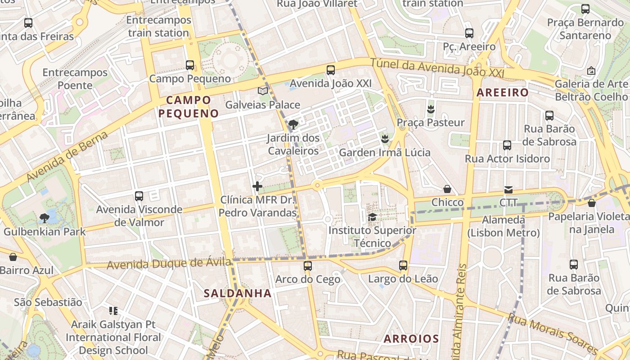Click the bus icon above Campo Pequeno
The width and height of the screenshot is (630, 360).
coord(190,65)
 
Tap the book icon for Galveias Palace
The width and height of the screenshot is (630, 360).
coord(263,91)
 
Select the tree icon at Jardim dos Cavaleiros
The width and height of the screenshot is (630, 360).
coord(293,124)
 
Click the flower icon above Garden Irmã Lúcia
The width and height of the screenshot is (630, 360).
coord(385,139)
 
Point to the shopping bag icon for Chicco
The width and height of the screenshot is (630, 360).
coord(447,189)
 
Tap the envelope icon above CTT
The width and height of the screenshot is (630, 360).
coord(508,189)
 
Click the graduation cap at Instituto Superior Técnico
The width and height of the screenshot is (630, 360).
coord(373,217)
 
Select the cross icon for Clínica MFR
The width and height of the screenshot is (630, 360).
coord(257,186)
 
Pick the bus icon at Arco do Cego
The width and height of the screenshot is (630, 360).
coord(308,266)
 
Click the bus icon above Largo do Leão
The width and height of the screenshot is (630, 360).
coord(403,265)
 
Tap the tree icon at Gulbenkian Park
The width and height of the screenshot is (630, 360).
coord(44,219)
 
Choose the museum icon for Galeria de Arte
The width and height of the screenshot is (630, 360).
coord(591,71)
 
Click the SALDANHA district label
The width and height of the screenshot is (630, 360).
coord(238,293)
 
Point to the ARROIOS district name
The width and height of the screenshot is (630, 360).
coord(411,339)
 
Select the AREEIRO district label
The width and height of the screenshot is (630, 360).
coord(503,93)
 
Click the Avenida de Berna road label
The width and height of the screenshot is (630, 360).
coord(67,157)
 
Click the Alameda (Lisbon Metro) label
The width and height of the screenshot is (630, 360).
coord(504,226)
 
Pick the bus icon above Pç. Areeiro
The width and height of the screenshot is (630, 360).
coord(469,33)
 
